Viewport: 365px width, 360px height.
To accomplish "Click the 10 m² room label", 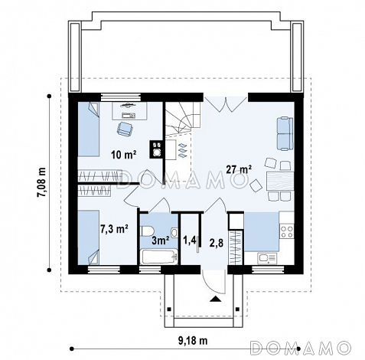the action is click(x=124, y=155).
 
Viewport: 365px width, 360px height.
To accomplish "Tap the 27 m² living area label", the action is click(x=240, y=169).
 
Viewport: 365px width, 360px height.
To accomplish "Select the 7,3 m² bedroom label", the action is click(x=114, y=229).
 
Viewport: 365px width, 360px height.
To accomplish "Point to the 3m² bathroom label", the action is click(x=161, y=241).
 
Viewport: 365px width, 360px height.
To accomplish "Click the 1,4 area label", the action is click(x=190, y=240).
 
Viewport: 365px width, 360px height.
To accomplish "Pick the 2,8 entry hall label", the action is click(x=217, y=243).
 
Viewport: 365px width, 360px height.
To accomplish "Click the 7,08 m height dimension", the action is click(x=41, y=182).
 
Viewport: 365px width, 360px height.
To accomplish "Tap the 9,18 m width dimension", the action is click(x=193, y=340).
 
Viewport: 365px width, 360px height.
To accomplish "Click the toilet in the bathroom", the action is click(x=147, y=231).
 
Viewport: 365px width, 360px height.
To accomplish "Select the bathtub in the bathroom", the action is click(x=159, y=257).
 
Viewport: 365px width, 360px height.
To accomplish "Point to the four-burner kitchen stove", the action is click(x=287, y=231).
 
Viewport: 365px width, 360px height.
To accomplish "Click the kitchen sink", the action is click(x=267, y=258).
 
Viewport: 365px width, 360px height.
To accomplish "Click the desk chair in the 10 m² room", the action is click(x=124, y=128).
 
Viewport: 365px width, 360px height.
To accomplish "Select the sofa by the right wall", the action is click(x=285, y=133).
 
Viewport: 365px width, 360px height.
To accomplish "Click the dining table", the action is click(x=280, y=181).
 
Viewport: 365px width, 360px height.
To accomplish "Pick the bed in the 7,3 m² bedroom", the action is click(x=89, y=237).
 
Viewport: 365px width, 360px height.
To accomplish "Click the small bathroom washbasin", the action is click(x=174, y=233).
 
